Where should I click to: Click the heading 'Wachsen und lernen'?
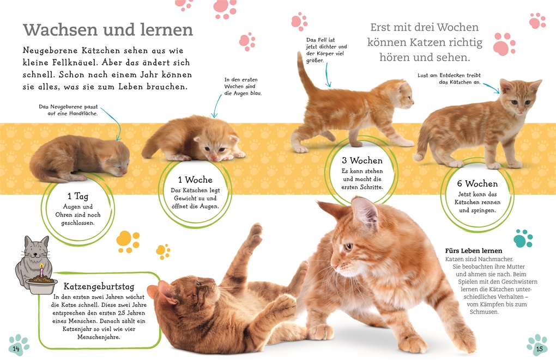(x=107, y=29)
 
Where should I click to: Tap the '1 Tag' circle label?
(x=77, y=196)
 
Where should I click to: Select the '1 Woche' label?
(x=195, y=180)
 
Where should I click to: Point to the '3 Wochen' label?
(x=362, y=161)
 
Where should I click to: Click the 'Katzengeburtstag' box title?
(x=99, y=286)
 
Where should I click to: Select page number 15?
(x=539, y=348)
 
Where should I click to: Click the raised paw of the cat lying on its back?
(x=255, y=231)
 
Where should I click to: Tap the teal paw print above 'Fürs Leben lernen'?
(x=523, y=237)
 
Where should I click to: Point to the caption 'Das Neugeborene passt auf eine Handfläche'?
(x=68, y=110)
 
